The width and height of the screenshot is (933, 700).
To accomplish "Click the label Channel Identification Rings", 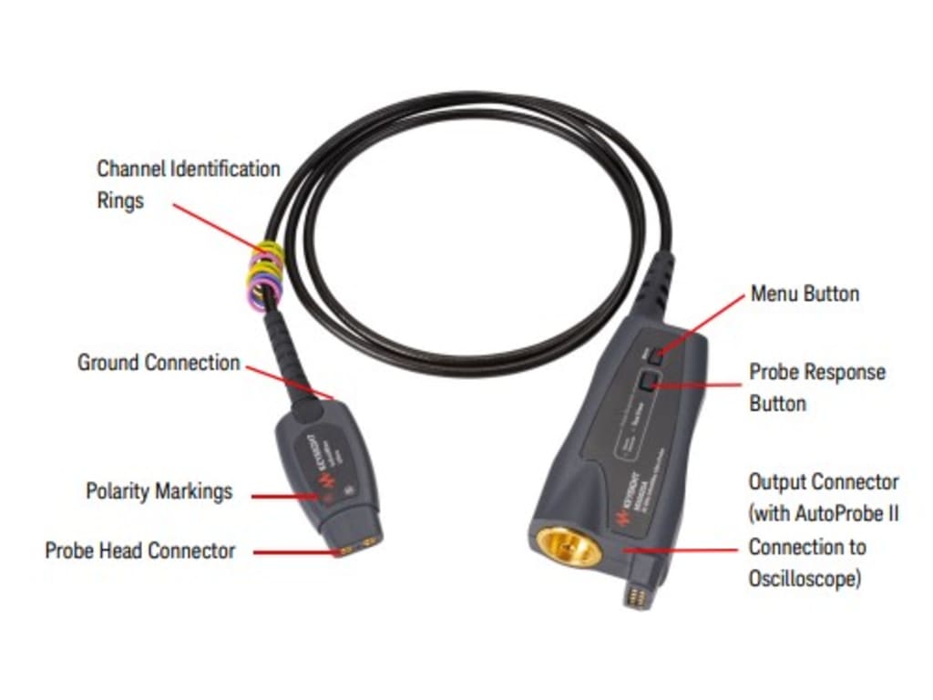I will pos(188,184).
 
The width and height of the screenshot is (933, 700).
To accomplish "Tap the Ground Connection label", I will pos(159,363).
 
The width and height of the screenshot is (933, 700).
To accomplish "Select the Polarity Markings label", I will pos(159,491).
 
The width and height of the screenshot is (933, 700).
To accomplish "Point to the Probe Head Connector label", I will pos(139,551).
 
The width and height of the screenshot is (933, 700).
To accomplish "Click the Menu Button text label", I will pos(805,293).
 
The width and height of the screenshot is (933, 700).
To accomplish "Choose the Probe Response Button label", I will pos(817,386).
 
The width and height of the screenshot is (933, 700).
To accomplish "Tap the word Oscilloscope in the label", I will pos(805,579).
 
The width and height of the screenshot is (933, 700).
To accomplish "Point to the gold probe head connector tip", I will pos(355,550).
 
